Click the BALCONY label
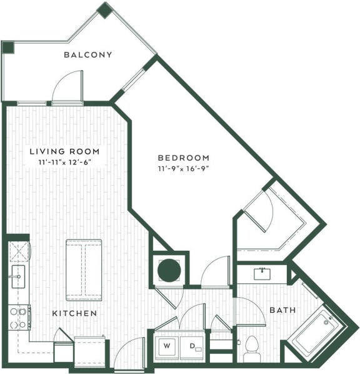point(88,54)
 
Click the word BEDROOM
point(183,158)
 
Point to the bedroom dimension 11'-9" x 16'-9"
point(183,169)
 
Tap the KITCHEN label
point(75,313)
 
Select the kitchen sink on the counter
point(17,274)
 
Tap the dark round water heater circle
point(168,270)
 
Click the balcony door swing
point(67,88)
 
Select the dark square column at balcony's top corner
point(105,10)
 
